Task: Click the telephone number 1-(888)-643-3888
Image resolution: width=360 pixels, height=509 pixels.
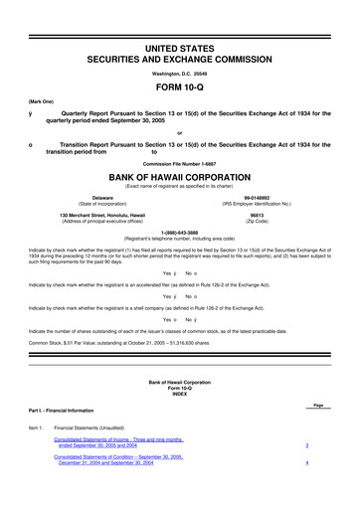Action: click(x=179, y=233)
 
